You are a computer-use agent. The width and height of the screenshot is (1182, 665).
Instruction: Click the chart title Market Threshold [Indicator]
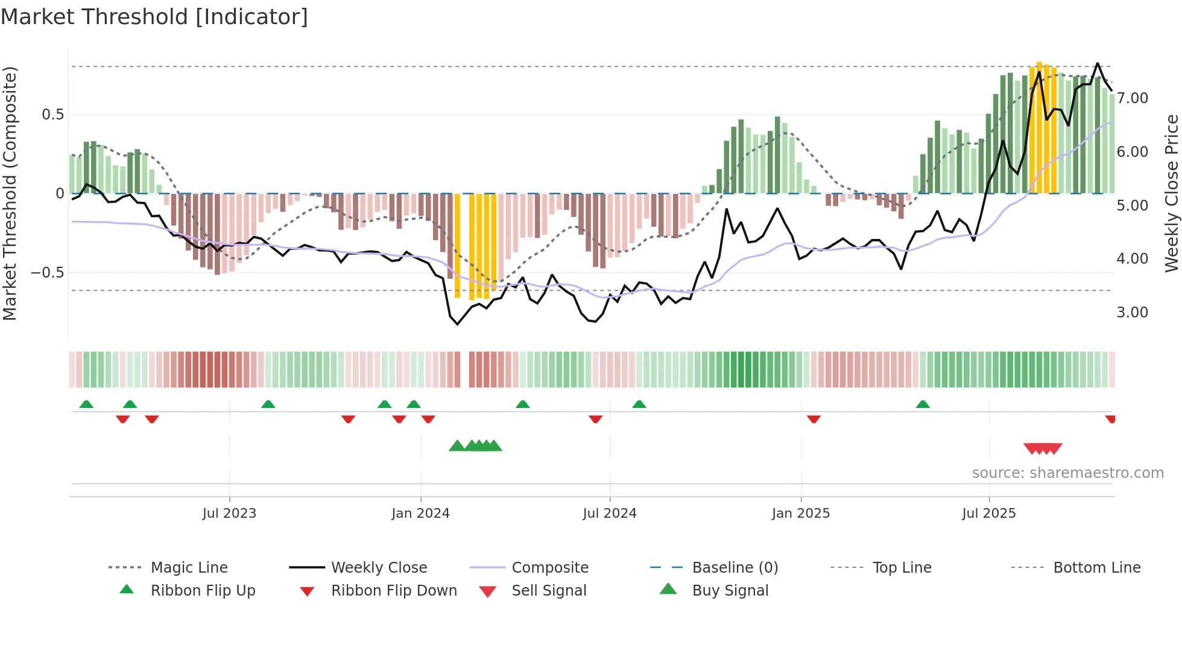pos(154,17)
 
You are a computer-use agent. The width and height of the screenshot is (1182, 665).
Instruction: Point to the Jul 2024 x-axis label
pos(609,514)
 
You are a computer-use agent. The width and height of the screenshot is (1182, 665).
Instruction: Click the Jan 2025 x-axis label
pos(800,514)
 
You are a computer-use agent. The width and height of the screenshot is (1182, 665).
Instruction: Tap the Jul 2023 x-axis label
pos(229,514)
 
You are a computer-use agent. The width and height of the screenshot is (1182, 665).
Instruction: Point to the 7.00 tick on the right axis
pos(1132,98)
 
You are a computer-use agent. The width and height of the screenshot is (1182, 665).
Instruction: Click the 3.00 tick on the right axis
pos(1132,313)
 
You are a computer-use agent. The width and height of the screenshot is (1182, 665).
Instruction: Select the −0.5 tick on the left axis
pos(47,273)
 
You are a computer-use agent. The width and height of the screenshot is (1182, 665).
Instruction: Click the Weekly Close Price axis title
pos(1171,193)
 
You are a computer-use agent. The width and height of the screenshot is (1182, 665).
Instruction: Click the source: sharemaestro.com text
pos(1067,473)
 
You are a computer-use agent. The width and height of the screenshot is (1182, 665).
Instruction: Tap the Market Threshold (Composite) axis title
pos(10,193)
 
